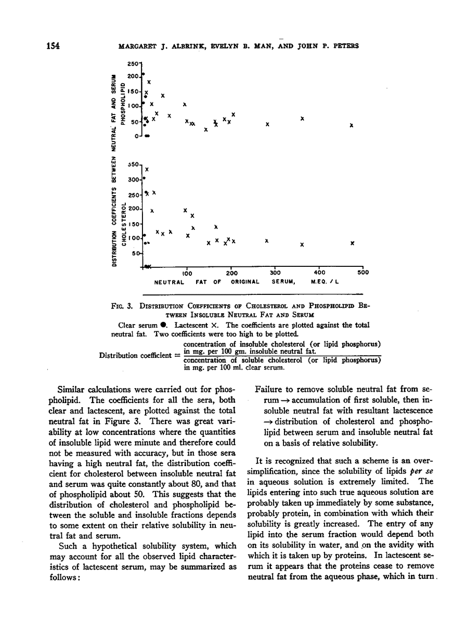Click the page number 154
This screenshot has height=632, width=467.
click(51, 45)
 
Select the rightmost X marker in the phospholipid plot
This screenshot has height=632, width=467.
click(352, 125)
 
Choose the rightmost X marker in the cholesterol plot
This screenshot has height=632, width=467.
click(353, 243)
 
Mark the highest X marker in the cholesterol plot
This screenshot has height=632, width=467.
click(147, 170)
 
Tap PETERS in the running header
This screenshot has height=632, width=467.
click(344, 46)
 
